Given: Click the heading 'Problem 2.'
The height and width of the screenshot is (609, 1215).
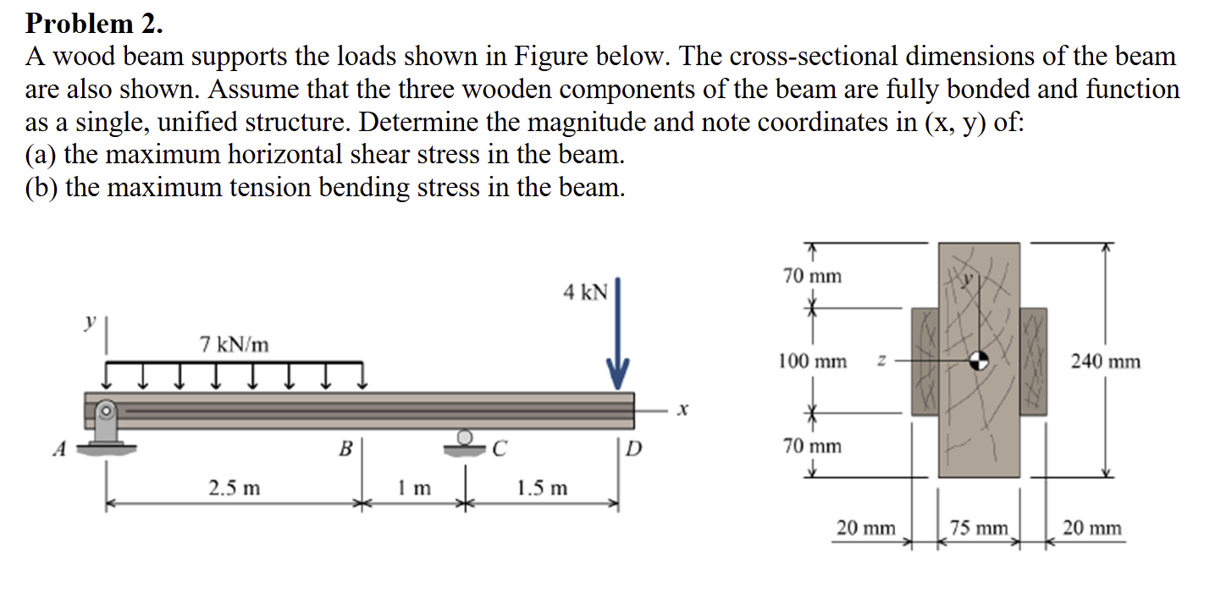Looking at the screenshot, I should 94,23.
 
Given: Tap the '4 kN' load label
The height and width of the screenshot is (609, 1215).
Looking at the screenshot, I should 585,293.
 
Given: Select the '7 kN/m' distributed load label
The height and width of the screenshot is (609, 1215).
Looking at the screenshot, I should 235,344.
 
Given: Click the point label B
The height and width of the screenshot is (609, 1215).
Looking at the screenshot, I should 345,448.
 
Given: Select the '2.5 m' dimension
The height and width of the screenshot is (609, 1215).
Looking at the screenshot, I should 235,488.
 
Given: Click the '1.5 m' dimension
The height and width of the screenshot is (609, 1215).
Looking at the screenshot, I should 542,488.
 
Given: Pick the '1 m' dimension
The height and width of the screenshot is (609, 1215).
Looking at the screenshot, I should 414,488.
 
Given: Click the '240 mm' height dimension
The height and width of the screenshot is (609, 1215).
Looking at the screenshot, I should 1105,362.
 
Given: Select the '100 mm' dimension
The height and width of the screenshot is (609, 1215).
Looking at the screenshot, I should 812,362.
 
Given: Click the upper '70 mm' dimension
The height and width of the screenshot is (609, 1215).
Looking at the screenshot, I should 812,277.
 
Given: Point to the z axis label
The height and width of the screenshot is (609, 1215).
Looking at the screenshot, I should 881,361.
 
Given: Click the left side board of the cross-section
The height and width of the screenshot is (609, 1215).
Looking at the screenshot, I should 925,360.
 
